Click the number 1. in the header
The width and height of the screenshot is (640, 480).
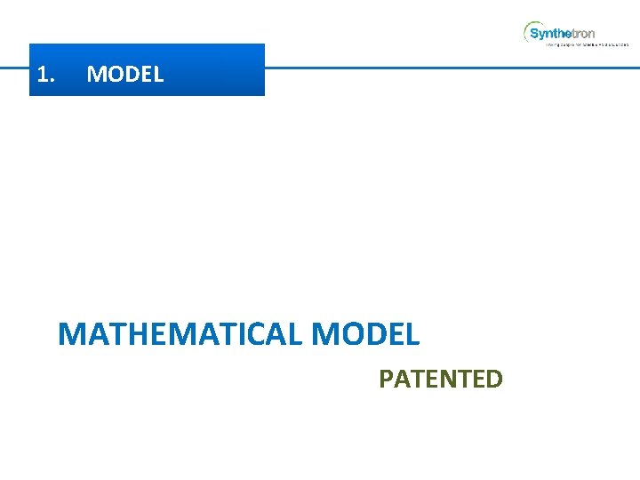click(46, 75)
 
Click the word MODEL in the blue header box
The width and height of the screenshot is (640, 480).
click(125, 75)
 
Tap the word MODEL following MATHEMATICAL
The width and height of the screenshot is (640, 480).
click(366, 335)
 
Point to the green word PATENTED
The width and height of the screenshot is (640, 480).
click(441, 380)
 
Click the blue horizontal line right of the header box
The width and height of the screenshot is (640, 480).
click(444, 68)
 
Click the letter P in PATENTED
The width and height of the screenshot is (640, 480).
click(386, 380)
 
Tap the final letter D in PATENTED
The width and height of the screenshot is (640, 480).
click(494, 380)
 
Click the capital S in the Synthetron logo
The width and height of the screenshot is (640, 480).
click(534, 34)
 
